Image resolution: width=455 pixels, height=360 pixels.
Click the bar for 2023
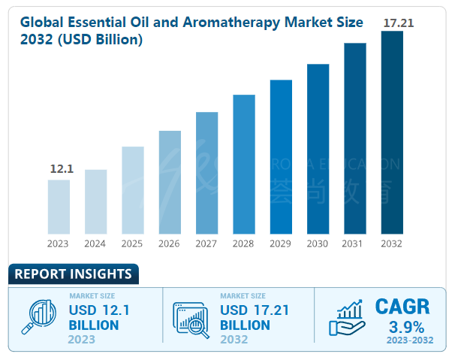(x=59, y=207)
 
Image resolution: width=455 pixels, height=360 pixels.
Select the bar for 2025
(x=132, y=190)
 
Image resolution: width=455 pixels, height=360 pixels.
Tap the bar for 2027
(x=206, y=173)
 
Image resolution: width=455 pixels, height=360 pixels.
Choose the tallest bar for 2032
(x=392, y=132)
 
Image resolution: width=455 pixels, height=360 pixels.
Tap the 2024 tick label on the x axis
(x=95, y=244)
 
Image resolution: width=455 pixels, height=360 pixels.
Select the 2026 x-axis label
(x=170, y=244)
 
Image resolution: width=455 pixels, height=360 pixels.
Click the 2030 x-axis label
(x=318, y=244)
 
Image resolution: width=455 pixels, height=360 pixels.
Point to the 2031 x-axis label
(x=354, y=244)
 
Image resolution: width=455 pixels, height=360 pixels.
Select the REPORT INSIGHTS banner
(x=73, y=274)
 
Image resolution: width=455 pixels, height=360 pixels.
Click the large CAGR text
(x=402, y=307)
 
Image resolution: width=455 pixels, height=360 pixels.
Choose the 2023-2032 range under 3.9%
(x=406, y=340)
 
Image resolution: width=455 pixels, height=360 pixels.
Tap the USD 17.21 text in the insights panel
(x=254, y=310)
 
